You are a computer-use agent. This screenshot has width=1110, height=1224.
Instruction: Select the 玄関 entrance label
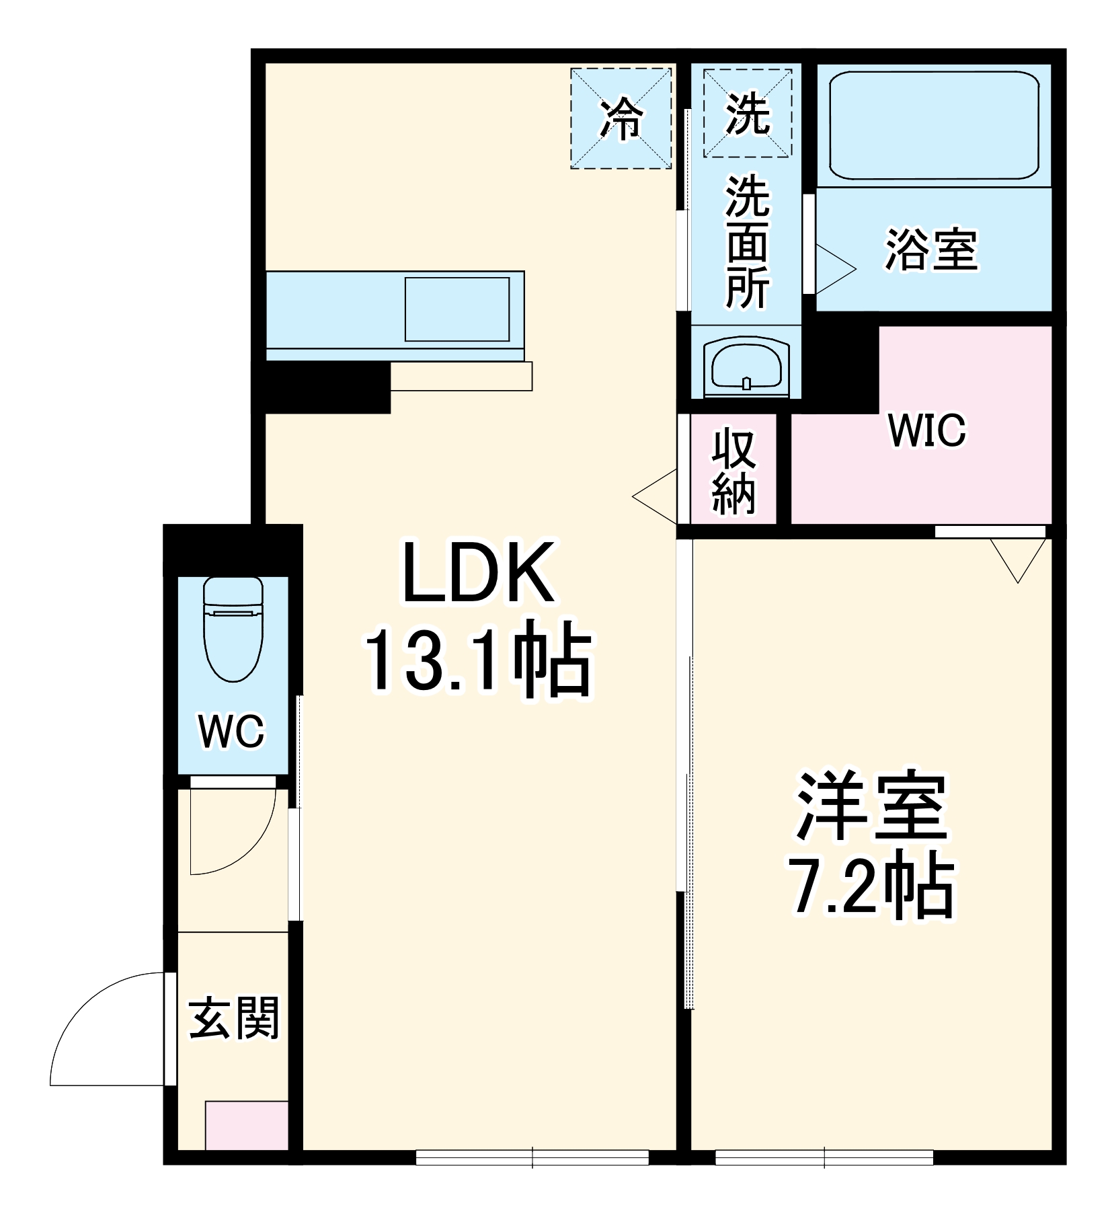click(233, 1019)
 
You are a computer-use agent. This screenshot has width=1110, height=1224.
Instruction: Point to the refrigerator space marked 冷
click(621, 118)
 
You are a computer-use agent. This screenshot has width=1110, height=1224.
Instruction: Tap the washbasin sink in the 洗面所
click(746, 367)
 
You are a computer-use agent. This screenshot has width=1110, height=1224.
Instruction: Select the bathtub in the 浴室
click(934, 126)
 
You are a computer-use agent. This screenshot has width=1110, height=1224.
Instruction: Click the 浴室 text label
click(931, 250)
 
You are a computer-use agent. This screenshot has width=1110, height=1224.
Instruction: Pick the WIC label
click(926, 430)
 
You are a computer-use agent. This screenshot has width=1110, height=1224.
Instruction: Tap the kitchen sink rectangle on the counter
click(457, 309)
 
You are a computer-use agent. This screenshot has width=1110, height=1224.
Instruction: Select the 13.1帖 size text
click(478, 658)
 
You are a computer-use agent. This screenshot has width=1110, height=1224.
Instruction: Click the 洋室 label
click(872, 808)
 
